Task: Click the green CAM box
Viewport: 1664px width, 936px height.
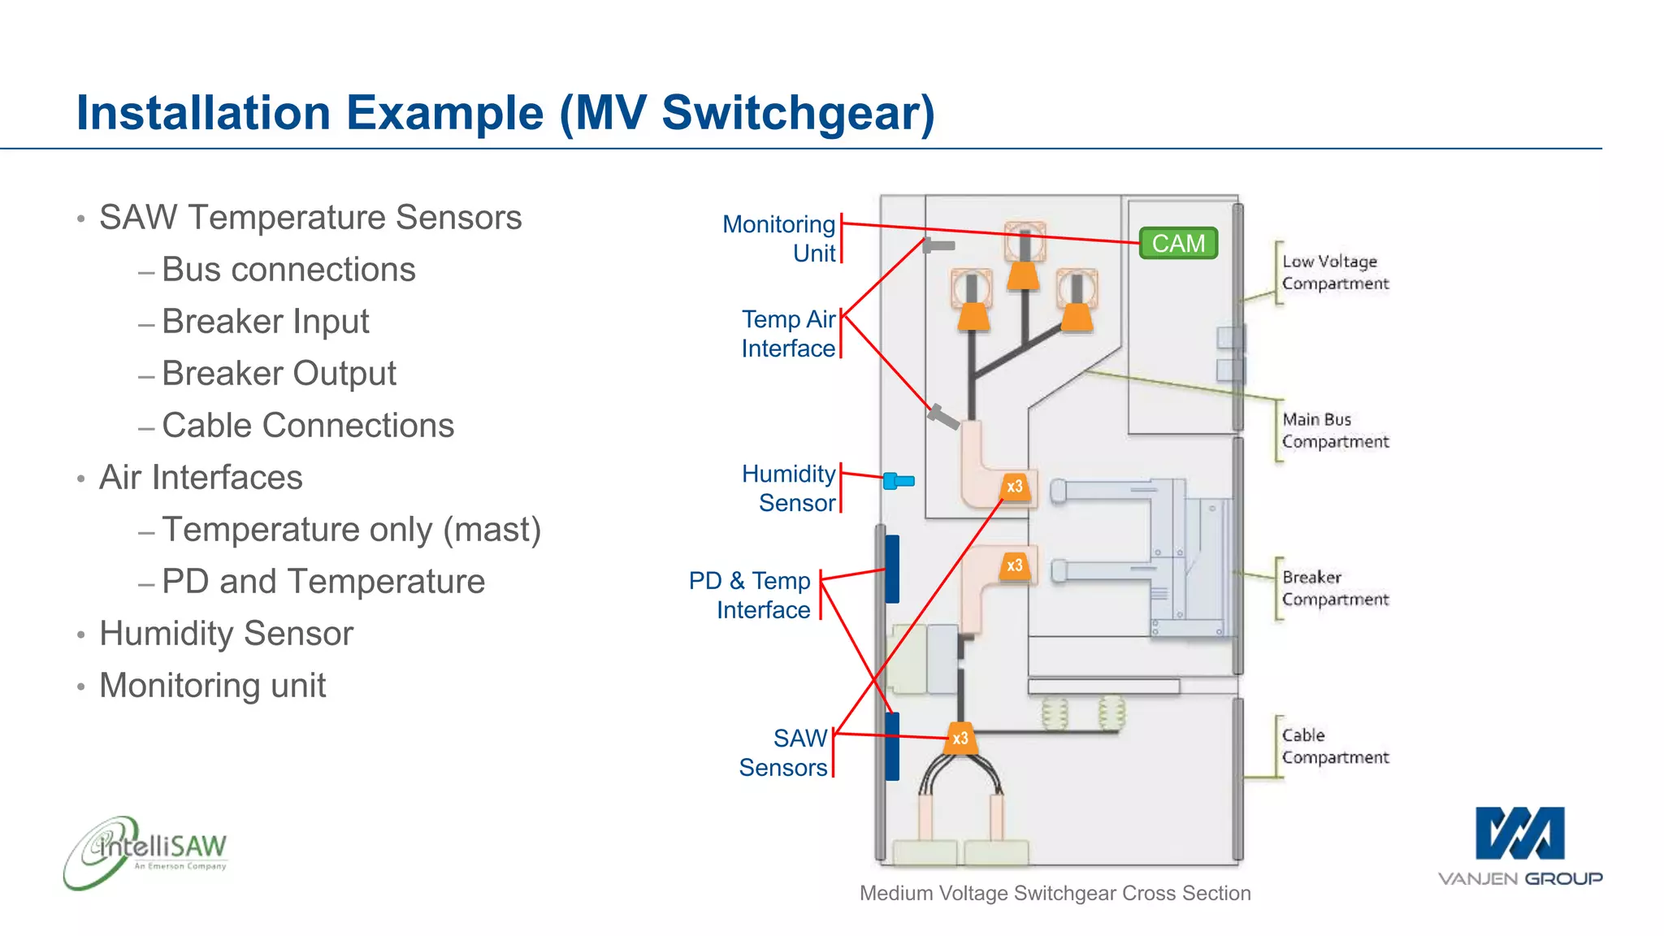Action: [x=1178, y=243]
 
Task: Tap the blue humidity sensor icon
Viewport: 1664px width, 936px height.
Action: [x=898, y=481]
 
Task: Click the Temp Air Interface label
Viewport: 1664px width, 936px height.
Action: [x=788, y=333]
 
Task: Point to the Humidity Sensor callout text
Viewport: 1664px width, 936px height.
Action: [x=788, y=488]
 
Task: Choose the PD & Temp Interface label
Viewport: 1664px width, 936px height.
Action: [x=749, y=595]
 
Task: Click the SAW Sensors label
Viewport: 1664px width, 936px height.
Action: [x=783, y=752]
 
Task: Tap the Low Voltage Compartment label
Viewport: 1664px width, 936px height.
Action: [x=1335, y=272]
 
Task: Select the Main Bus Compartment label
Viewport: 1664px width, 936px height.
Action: [x=1335, y=430]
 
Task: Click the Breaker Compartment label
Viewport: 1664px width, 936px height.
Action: [x=1335, y=587]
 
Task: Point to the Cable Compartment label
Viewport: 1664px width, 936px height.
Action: [x=1335, y=746]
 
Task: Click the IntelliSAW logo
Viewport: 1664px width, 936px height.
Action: [x=146, y=851]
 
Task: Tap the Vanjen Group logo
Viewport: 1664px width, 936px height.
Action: [x=1519, y=845]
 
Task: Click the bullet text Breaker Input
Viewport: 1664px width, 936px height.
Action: [x=265, y=322]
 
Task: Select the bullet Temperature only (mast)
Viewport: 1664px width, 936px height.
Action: [x=351, y=530]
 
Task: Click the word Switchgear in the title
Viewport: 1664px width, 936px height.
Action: [x=798, y=113]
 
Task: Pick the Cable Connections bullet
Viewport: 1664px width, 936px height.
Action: [x=307, y=426]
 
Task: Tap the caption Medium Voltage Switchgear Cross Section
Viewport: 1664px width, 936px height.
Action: [x=1055, y=893]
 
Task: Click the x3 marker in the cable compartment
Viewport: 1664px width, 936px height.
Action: [x=960, y=738]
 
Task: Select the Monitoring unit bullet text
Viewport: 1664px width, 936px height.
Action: [x=212, y=686]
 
